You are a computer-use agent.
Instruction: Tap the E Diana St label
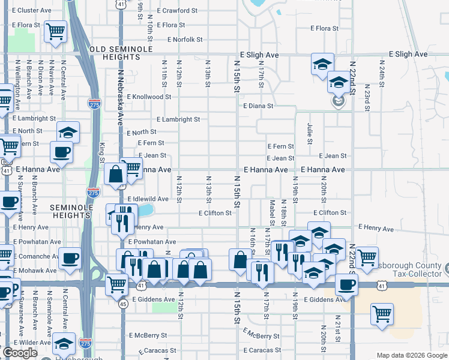tap(258, 106)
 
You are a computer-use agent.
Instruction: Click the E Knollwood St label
tap(148, 97)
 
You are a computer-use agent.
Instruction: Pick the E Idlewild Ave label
tap(148, 199)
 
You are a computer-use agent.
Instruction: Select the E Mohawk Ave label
tap(29, 271)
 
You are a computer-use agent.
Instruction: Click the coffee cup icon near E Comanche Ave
tap(70, 259)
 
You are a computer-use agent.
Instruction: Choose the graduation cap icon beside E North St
tap(68, 132)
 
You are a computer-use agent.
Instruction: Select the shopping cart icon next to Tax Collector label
tap(367, 257)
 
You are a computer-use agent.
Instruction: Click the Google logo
tap(20, 353)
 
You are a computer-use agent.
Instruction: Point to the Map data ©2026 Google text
tap(412, 355)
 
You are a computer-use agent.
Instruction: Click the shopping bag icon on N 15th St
tap(240, 260)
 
